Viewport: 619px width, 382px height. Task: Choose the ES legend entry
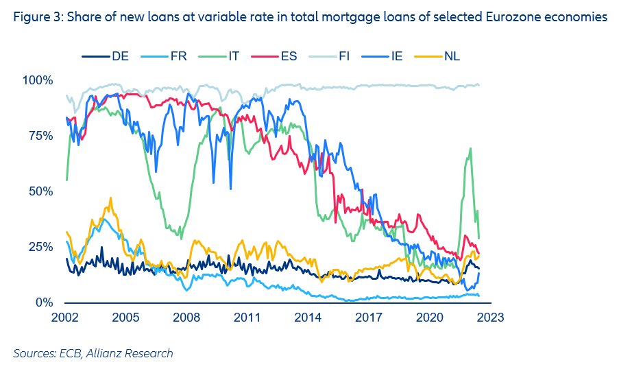tap(289, 56)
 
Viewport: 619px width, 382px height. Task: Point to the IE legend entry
tap(396, 56)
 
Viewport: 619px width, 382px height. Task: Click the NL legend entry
tap(452, 56)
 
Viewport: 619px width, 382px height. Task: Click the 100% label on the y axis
tap(38, 81)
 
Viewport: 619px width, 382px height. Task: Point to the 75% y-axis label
tap(40, 136)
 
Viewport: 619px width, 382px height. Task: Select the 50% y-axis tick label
tap(40, 191)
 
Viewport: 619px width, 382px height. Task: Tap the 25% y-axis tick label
tap(40, 247)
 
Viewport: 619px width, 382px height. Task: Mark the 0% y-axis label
tap(43, 302)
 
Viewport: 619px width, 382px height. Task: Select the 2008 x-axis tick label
tap(186, 318)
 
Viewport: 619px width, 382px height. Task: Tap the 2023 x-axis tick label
tap(490, 318)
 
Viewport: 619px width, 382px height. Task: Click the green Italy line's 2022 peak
tap(470, 149)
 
